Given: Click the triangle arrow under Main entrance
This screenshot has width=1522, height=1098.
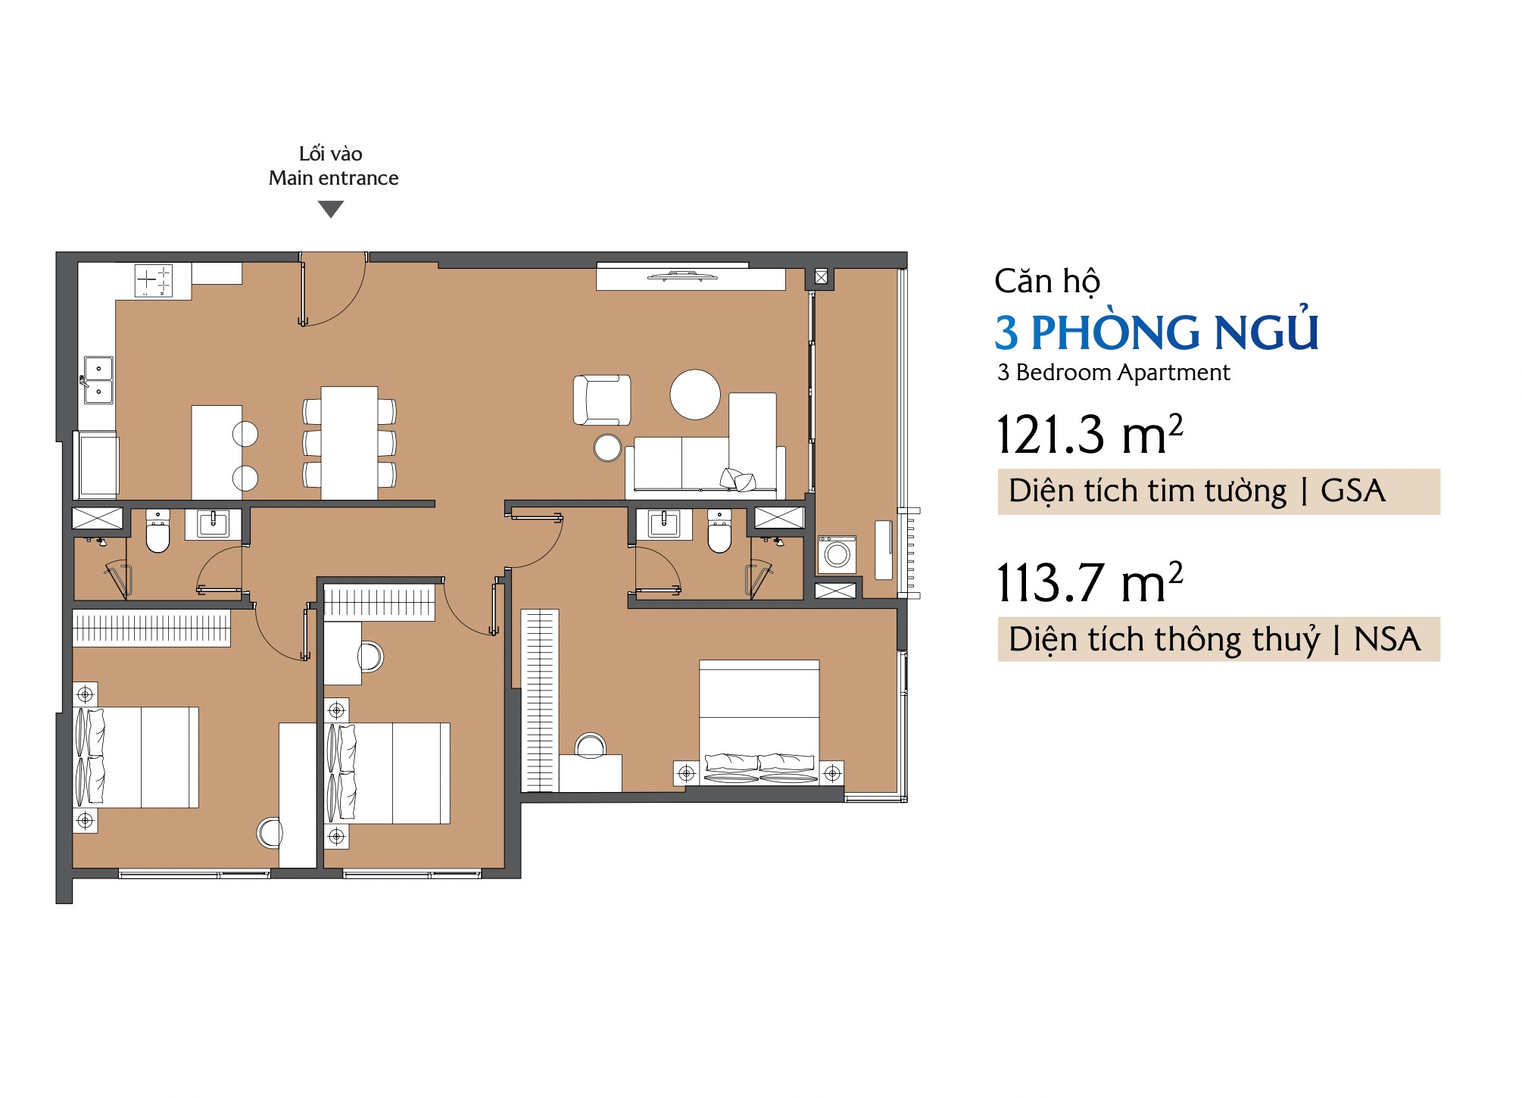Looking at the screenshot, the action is pyautogui.click(x=331, y=208).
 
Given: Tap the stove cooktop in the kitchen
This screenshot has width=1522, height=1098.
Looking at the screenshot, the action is pyautogui.click(x=154, y=280).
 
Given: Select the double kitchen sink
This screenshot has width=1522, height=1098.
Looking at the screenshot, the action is pyautogui.click(x=98, y=380).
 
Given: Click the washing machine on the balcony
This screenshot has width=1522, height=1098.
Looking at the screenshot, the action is pyautogui.click(x=837, y=554).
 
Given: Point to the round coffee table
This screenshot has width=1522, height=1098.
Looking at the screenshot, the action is pyautogui.click(x=695, y=395).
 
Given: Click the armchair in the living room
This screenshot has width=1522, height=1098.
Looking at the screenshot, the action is pyautogui.click(x=602, y=400).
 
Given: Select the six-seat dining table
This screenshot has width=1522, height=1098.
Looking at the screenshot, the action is pyautogui.click(x=349, y=443).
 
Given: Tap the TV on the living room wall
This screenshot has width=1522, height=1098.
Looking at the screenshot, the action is pyautogui.click(x=683, y=276).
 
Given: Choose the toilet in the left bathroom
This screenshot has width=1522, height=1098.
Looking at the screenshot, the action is pyautogui.click(x=158, y=532).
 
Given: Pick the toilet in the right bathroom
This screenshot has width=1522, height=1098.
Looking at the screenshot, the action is pyautogui.click(x=719, y=532).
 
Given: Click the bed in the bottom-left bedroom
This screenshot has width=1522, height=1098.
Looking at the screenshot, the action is pyautogui.click(x=136, y=757).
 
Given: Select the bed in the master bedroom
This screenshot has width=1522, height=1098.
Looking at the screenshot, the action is pyautogui.click(x=759, y=722).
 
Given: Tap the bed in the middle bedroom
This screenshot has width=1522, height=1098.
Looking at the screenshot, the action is pyautogui.click(x=388, y=773).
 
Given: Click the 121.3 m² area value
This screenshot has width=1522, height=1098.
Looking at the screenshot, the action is pyautogui.click(x=1089, y=435).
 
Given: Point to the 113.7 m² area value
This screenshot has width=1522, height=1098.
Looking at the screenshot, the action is pyautogui.click(x=1089, y=582).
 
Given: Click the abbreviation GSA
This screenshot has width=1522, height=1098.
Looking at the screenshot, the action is pyautogui.click(x=1353, y=491).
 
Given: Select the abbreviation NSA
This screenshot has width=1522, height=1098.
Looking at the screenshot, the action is pyautogui.click(x=1387, y=639).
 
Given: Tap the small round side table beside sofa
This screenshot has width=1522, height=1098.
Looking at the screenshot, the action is pyautogui.click(x=607, y=448).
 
